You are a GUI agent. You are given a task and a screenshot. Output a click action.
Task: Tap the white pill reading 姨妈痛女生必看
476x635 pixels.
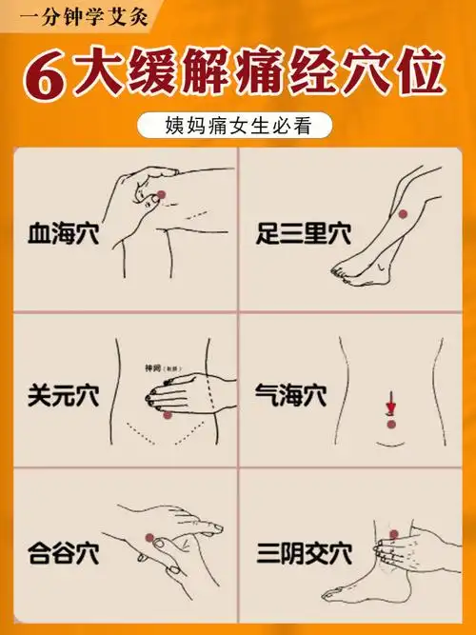pyautogui.click(x=237, y=125)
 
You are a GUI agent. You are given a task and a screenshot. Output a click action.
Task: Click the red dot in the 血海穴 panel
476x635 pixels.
pyautogui.click(x=160, y=196)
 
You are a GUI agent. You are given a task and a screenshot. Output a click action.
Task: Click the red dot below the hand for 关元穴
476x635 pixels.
pyautogui.click(x=169, y=415)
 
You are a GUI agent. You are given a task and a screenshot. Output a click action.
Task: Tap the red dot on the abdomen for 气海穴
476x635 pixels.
pyautogui.click(x=389, y=424)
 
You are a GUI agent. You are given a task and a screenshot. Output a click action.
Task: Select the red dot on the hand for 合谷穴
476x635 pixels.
pyautogui.click(x=149, y=539)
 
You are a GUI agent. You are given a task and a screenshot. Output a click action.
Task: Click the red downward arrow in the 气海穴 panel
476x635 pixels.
pyautogui.click(x=389, y=407)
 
